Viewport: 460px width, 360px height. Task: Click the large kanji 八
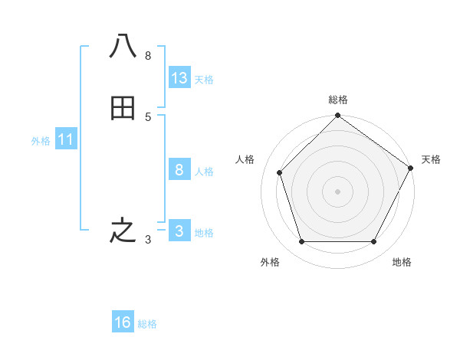tap(123, 47)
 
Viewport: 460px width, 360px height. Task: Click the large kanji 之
tap(123, 231)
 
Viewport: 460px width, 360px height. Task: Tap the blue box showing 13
tap(179, 78)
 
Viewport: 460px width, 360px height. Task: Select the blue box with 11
tap(66, 139)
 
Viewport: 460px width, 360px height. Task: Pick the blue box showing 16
tap(123, 322)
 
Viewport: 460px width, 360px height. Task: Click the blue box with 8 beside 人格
tap(179, 170)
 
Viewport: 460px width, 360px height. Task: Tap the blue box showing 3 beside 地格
tap(179, 231)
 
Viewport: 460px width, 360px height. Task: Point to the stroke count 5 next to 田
tap(148, 117)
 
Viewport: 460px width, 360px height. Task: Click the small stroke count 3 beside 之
tap(148, 240)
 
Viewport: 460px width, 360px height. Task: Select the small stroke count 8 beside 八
tap(148, 56)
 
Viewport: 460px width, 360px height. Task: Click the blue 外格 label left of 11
tap(41, 141)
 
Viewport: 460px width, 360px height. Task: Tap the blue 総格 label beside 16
tap(147, 324)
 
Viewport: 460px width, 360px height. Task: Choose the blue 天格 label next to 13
tap(204, 80)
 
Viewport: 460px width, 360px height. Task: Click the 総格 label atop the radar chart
tap(338, 100)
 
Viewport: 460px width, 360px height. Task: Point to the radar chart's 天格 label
tap(431, 159)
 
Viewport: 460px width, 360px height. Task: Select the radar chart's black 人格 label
tap(245, 159)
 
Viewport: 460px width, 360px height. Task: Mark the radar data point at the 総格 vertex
tap(337, 116)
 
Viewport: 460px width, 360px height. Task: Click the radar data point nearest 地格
tap(373, 242)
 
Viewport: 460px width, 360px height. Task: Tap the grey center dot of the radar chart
tap(337, 191)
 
